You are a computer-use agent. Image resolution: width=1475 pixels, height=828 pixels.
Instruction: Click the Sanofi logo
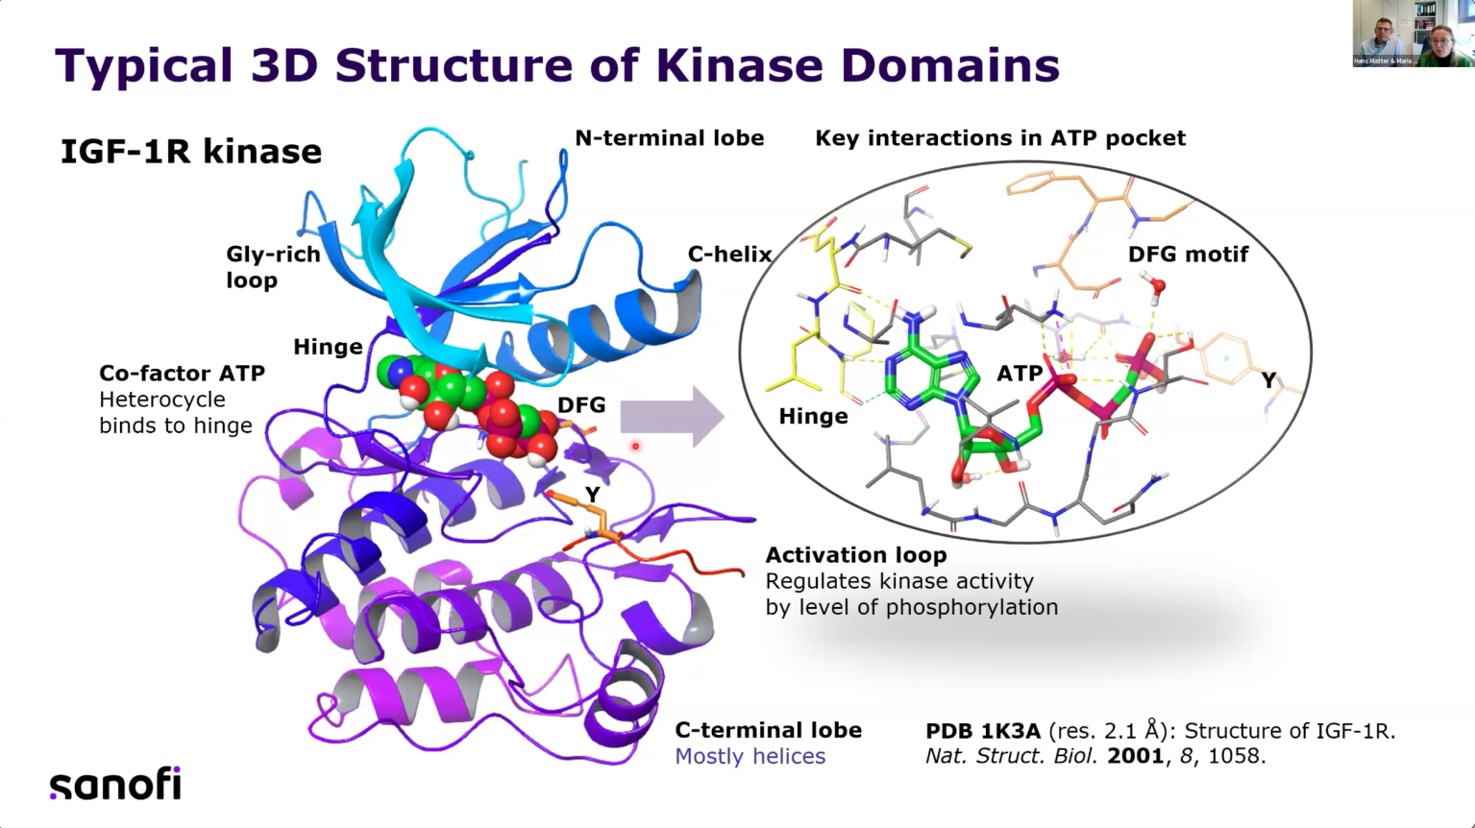(115, 784)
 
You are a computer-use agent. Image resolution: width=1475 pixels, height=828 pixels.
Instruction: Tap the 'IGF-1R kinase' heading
(191, 152)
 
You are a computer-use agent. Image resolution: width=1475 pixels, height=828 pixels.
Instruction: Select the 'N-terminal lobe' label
(669, 138)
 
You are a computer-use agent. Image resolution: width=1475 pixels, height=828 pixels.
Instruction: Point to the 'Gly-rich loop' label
(273, 267)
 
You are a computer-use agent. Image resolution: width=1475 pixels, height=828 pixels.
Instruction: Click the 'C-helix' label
(729, 255)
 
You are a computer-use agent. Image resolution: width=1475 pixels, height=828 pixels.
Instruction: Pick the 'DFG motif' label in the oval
(1188, 255)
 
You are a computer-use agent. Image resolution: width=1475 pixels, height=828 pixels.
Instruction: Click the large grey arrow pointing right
(672, 417)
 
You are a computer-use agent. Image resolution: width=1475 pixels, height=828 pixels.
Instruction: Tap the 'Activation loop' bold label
(856, 555)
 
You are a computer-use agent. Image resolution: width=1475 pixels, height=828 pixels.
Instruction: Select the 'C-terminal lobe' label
(768, 730)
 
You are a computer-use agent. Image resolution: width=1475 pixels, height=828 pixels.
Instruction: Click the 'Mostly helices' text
(750, 757)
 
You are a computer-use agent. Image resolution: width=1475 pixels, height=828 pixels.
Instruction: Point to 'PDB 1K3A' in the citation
(982, 731)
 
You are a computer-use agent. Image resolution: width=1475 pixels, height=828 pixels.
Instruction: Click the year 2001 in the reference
(1135, 756)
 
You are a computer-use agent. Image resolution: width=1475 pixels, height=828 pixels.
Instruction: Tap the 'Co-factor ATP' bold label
(182, 374)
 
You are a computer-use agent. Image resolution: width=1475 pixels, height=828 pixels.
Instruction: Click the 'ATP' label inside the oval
(1019, 373)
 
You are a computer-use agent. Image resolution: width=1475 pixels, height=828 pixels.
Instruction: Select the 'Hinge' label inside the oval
(813, 416)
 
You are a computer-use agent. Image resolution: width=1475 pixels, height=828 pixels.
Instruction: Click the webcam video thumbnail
(1412, 34)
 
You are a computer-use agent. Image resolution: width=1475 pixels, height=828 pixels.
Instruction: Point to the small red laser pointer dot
(635, 446)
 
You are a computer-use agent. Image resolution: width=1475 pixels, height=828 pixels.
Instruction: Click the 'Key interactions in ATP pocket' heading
(999, 138)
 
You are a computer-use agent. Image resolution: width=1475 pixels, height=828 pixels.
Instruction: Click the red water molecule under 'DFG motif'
(1157, 285)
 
